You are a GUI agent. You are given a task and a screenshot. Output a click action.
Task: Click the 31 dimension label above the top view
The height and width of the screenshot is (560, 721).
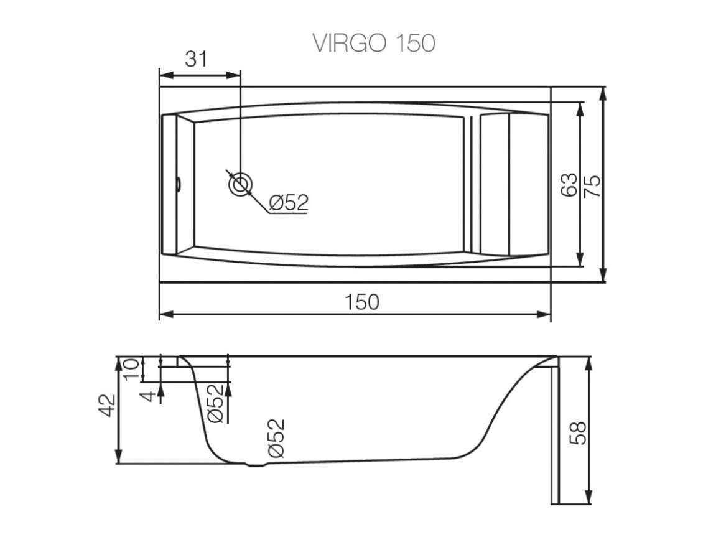pyautogui.click(x=195, y=59)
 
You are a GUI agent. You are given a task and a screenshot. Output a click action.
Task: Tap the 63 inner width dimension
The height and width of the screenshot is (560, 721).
pyautogui.click(x=568, y=185)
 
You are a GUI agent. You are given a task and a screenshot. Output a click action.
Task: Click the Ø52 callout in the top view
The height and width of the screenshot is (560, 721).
pyautogui.click(x=289, y=202)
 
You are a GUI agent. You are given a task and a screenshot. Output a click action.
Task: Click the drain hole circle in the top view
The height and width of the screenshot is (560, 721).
pyautogui.click(x=240, y=184)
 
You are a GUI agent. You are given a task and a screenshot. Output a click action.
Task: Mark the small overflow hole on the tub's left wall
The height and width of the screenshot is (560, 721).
pyautogui.click(x=178, y=184)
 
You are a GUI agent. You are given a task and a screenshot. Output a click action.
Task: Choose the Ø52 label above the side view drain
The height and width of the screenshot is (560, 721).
pyautogui.click(x=276, y=439)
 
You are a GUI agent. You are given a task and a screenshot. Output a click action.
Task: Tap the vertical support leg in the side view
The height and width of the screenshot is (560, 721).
pyautogui.click(x=555, y=436)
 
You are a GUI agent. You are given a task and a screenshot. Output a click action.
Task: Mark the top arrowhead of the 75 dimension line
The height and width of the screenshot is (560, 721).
pyautogui.click(x=603, y=92)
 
